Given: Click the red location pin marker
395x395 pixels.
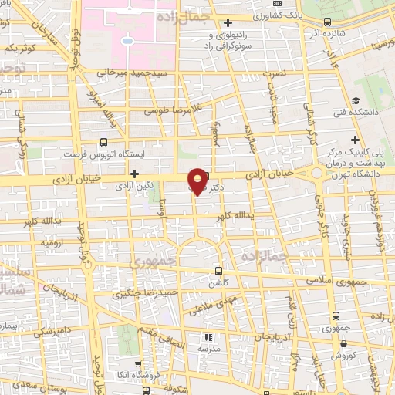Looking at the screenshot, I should (x=198, y=181).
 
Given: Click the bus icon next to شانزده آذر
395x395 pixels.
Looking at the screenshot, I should (x=329, y=22).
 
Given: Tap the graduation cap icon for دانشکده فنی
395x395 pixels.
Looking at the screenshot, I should (x=356, y=101).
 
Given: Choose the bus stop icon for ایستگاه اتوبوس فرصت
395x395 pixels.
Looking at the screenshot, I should (x=104, y=143).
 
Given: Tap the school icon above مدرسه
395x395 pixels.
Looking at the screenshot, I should (x=207, y=337).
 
